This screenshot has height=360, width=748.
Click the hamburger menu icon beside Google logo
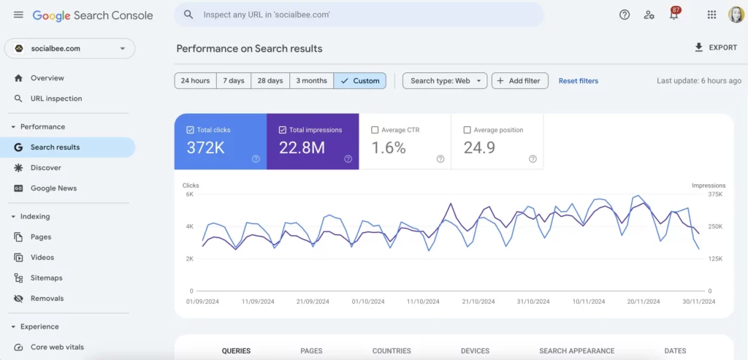(18, 15)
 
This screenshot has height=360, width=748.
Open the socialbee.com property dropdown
(69, 48)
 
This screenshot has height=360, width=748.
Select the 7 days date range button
(234, 80)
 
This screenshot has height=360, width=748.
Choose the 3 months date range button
(311, 80)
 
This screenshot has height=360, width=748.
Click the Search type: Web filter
(445, 80)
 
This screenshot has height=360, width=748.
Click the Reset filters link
(578, 80)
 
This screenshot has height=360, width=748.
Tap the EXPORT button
(715, 47)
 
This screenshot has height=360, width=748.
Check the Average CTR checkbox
(375, 130)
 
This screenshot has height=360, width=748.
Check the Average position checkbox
(467, 130)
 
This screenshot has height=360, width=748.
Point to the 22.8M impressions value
(302, 148)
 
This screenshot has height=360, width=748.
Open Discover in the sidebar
(45, 167)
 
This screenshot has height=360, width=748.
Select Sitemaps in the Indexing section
(46, 277)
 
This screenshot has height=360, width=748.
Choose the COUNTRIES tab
(392, 351)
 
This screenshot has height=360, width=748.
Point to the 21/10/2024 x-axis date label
(478, 301)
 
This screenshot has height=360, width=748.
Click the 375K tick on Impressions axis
(714, 194)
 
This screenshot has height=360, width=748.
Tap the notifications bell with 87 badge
(673, 15)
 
